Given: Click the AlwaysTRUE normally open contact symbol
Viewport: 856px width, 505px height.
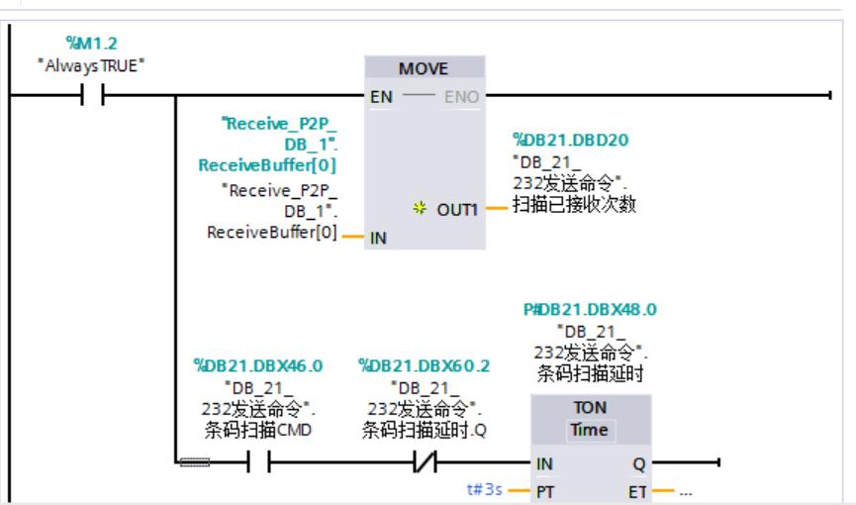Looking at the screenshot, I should point(93,97).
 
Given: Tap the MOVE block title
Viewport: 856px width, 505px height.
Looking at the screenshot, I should point(425,71).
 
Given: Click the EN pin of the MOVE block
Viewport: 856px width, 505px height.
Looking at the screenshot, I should point(380,98).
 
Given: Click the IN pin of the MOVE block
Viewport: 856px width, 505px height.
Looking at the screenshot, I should point(381,237).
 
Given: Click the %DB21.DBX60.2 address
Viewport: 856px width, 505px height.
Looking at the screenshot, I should point(423,366).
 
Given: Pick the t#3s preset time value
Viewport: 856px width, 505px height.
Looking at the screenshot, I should point(488,489).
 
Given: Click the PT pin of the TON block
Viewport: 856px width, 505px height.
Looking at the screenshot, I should point(545,489).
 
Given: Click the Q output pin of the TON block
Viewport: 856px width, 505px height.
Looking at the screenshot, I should point(639,462).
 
